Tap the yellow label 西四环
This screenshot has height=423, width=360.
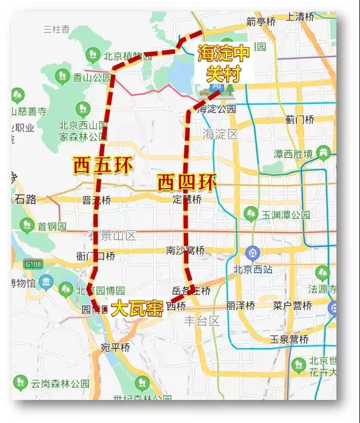(187, 182)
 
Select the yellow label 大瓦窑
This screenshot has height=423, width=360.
(137, 308)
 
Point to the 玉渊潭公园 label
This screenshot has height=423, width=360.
(285, 215)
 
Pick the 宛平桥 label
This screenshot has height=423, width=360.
(115, 347)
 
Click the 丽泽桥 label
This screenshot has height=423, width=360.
(240, 305)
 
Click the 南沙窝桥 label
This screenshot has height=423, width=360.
(185, 250)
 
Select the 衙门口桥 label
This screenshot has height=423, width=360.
(96, 256)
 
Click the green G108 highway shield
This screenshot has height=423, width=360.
(32, 264)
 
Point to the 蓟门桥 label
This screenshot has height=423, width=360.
(300, 119)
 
